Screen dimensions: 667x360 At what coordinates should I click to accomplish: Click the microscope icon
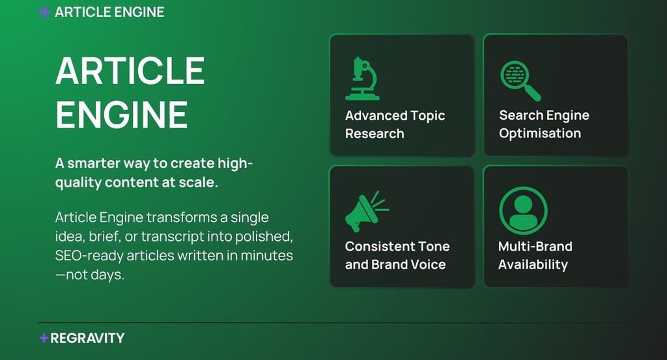coord(362,79)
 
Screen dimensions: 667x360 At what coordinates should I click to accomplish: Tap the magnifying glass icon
coord(520,81)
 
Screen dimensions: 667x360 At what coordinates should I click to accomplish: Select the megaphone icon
coord(367,211)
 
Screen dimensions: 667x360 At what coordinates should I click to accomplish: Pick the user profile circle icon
coord(523,210)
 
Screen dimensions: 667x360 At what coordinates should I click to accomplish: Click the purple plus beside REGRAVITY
coord(44,338)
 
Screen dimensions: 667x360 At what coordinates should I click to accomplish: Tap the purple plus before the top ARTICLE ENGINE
coord(45,12)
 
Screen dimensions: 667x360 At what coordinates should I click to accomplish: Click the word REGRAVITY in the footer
coord(87,339)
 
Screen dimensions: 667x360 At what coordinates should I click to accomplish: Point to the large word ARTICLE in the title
coord(130,70)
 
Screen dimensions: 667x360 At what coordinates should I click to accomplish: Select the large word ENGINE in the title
coord(122,115)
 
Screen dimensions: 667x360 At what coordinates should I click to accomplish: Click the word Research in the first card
coord(375,133)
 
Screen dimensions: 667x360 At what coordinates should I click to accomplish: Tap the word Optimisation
coord(540,133)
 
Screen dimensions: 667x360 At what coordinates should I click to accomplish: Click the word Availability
coord(533,265)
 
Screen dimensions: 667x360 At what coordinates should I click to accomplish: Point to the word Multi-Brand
coord(535,247)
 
